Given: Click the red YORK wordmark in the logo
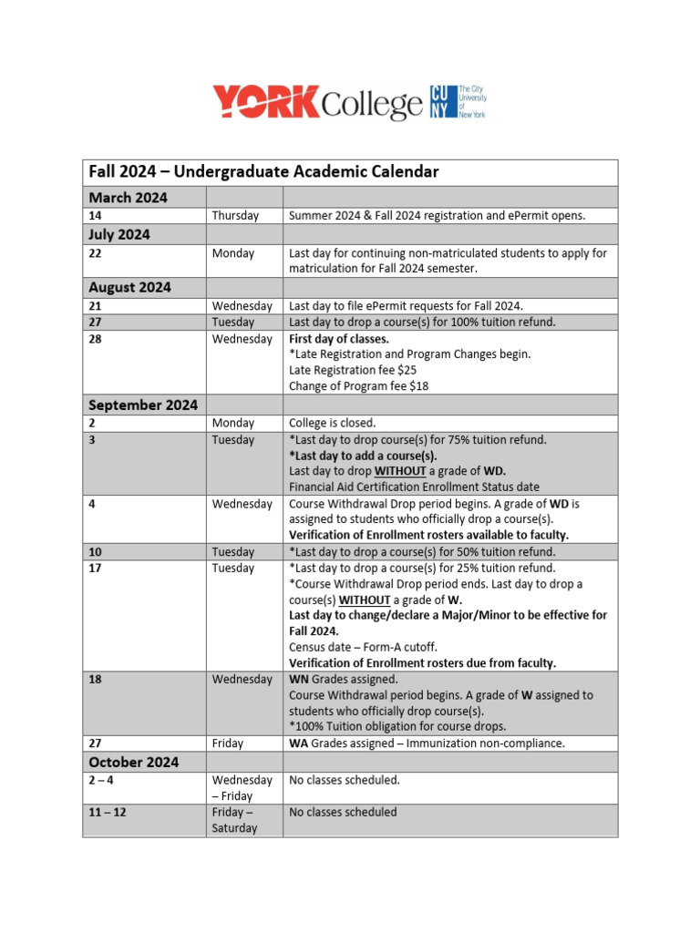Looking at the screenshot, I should pyautogui.click(x=266, y=102).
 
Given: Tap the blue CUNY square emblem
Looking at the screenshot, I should pyautogui.click(x=439, y=102).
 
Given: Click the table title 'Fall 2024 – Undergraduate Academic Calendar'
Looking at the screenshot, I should pyautogui.click(x=263, y=171).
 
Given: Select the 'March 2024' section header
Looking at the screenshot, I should pyautogui.click(x=128, y=197).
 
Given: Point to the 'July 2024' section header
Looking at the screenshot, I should pyautogui.click(x=119, y=234).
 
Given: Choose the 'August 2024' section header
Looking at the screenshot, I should pyautogui.click(x=129, y=287).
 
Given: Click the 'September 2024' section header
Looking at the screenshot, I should pyautogui.click(x=142, y=404).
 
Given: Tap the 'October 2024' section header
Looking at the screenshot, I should pyautogui.click(x=133, y=762).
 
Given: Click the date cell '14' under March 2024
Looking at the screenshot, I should pyautogui.click(x=96, y=216).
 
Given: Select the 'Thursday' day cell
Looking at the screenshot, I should pyautogui.click(x=235, y=216).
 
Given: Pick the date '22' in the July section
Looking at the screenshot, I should pyautogui.click(x=96, y=253).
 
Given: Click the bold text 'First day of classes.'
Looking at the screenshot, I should pyautogui.click(x=339, y=339).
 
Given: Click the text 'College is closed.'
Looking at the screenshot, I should pyautogui.click(x=332, y=423).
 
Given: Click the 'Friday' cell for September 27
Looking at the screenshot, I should pyautogui.click(x=228, y=743).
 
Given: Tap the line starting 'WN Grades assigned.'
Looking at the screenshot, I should pyautogui.click(x=344, y=679).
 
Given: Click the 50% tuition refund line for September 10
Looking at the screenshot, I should pyautogui.click(x=422, y=551).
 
